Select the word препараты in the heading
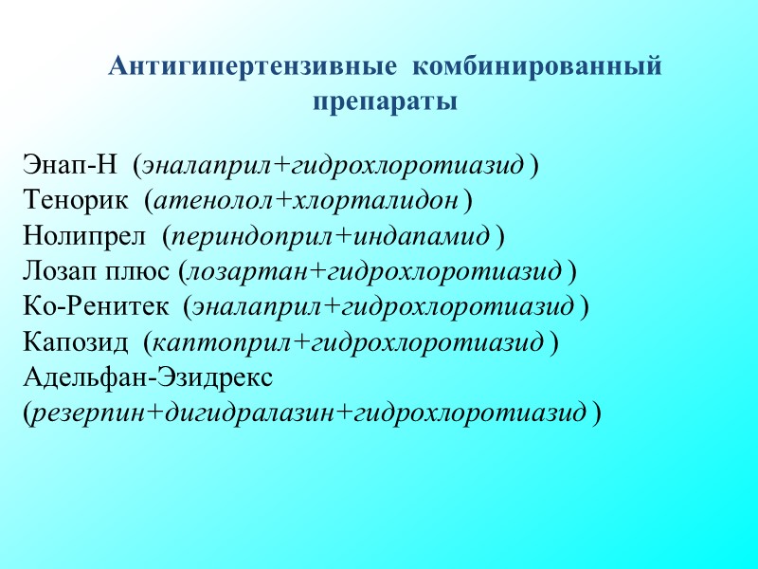coord(385,101)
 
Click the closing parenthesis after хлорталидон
coord(469,202)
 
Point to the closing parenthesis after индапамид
coord(500,236)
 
